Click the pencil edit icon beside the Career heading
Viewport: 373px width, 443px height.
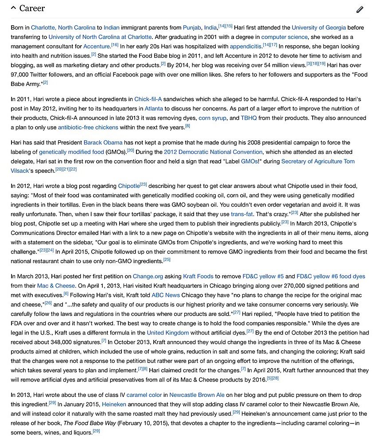point(360,9)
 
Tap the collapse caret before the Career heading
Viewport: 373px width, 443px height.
point(13,8)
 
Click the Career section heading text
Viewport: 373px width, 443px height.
point(32,8)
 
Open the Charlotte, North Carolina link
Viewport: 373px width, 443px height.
point(63,27)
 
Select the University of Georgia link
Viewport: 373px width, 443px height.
point(319,27)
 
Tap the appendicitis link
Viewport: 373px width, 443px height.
point(245,46)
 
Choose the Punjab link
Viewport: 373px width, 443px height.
point(192,27)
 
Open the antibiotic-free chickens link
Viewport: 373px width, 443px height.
point(88,127)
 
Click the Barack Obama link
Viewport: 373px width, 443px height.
point(103,143)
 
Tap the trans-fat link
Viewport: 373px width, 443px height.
point(242,214)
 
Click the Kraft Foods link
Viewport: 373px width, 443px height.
point(198,276)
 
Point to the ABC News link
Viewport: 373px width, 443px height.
point(166,295)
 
